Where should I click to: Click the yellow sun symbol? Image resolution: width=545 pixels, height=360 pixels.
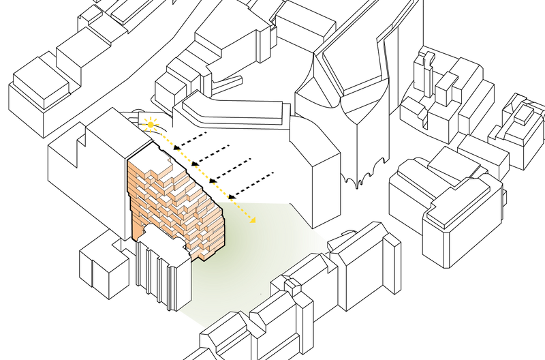click(x=149, y=123)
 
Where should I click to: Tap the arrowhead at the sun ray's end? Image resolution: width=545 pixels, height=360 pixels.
click(x=253, y=220)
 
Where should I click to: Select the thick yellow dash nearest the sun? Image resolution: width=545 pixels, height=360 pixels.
click(x=166, y=139)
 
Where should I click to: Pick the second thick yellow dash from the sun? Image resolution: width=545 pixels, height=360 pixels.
click(x=183, y=155)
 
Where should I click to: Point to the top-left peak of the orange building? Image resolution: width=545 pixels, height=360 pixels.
click(x=130, y=164)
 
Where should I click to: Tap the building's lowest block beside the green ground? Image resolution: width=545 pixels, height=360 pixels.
click(x=204, y=254)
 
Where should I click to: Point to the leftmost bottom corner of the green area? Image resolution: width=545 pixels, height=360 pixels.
click(x=180, y=312)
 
